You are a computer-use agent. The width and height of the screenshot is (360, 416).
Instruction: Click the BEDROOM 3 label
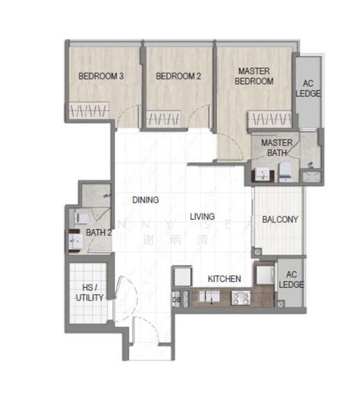tap(101, 76)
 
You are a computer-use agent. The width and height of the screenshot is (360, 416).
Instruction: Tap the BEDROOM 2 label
tap(178, 76)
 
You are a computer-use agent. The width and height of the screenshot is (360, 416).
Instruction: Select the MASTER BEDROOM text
tap(255, 76)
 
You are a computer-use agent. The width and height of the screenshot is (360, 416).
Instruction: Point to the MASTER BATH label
tap(277, 148)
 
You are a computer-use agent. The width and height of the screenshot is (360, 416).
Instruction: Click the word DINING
tap(146, 200)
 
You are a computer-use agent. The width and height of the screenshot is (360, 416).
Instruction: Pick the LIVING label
tap(203, 216)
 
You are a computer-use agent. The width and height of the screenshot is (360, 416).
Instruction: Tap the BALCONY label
tap(280, 220)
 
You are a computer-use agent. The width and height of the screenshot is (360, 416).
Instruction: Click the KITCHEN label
tap(225, 279)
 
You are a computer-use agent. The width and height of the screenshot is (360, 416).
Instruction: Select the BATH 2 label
tap(98, 233)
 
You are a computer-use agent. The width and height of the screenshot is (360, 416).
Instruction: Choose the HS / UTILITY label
tap(89, 293)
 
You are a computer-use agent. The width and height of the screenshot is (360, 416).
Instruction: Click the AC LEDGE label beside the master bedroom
tap(308, 89)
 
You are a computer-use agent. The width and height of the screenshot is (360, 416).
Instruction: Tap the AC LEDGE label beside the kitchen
tap(291, 279)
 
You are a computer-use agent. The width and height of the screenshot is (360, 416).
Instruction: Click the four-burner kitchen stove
tap(240, 297)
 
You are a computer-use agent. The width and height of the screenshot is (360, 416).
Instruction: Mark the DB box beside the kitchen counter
tap(175, 300)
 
